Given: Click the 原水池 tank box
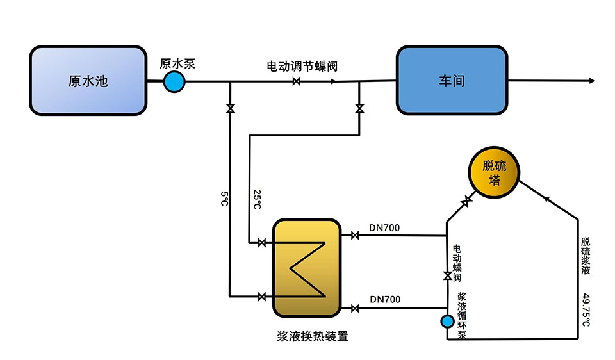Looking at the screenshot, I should tap(88, 81).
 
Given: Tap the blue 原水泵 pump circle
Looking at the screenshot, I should tap(174, 81).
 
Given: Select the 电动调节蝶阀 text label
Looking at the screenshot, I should tap(302, 66).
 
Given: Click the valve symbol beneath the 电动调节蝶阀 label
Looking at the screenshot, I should tap(297, 81).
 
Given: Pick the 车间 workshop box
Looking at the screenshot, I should tap(451, 81).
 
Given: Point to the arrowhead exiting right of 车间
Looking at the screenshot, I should tap(591, 81).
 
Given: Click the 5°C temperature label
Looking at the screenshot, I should tap(224, 199).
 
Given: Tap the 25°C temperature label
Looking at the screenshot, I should tap(256, 199).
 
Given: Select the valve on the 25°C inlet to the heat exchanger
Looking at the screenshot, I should tap(261, 243).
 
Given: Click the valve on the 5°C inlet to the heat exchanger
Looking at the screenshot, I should tap(261, 296).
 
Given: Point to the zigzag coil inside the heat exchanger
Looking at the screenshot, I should tap(306, 270).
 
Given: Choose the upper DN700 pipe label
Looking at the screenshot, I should tap(385, 227).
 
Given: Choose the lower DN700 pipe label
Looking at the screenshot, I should tap(385, 299).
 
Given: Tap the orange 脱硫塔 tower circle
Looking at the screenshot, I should tap(494, 172).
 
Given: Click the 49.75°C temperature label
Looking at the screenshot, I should tap(586, 311).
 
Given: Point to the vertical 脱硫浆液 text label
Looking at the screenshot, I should tap(586, 256).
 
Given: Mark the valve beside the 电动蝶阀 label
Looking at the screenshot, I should tap(447, 275).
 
